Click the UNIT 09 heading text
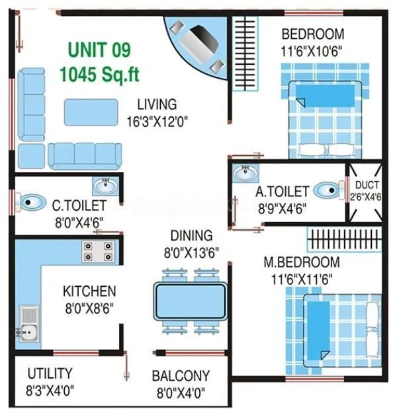(100, 50)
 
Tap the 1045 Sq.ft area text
(100, 73)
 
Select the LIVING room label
(157, 104)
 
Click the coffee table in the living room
(92, 112)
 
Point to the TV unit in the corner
(195, 45)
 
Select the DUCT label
(367, 185)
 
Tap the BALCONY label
(181, 376)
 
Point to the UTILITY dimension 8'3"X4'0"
(50, 389)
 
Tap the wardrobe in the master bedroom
(345, 237)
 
